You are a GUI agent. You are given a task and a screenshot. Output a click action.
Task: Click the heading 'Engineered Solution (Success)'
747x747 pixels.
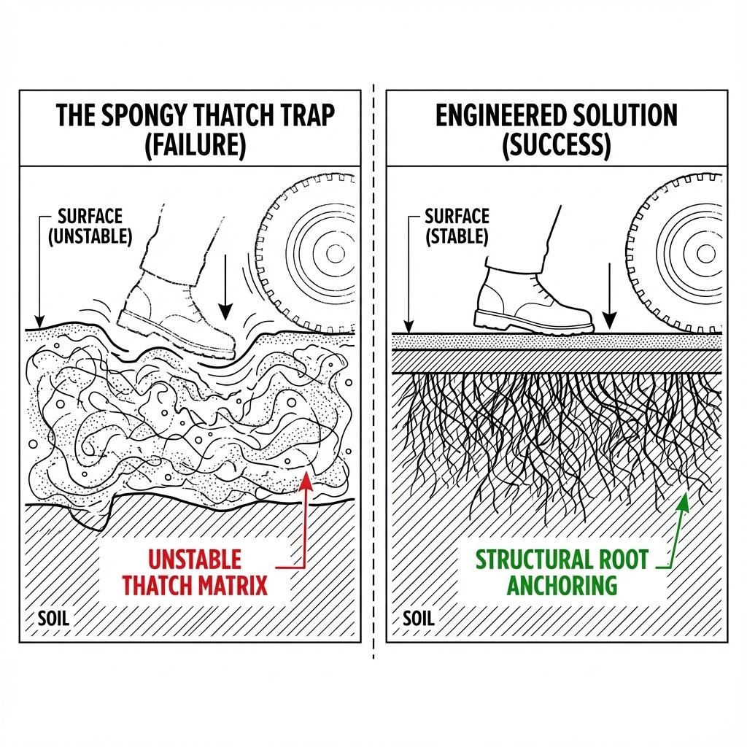(x=557, y=129)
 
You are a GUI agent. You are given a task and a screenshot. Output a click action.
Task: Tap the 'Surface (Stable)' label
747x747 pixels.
(x=457, y=227)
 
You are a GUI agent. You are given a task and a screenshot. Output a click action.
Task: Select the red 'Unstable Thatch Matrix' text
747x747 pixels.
(x=195, y=572)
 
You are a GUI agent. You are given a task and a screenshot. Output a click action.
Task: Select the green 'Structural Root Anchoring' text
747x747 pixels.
(x=562, y=572)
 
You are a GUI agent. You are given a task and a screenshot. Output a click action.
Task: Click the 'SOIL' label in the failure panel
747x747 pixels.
(x=53, y=619)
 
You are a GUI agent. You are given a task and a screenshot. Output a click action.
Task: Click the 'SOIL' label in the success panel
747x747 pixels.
(x=419, y=619)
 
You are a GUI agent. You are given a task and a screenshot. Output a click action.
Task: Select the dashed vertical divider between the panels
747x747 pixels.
(x=373, y=365)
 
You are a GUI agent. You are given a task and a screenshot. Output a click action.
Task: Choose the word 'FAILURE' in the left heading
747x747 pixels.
(x=196, y=146)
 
